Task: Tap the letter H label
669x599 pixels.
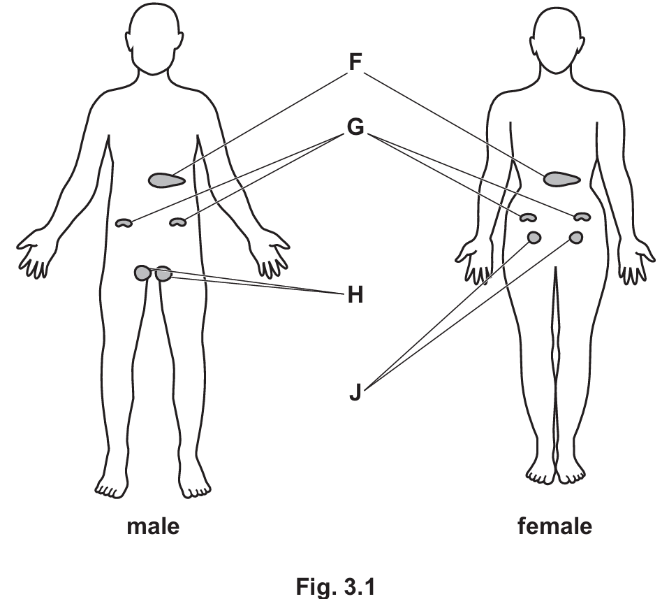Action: [x=355, y=296]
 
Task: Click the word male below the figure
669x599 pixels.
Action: [x=152, y=526]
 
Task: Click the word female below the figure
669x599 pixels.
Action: [x=554, y=526]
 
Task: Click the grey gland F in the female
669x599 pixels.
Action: [x=561, y=179]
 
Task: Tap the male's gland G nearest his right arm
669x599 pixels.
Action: [x=124, y=223]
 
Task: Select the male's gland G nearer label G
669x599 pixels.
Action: [x=178, y=222]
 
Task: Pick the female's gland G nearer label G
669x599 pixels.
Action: [x=527, y=218]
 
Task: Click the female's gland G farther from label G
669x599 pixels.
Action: [x=582, y=217]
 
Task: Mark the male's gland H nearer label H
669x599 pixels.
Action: [x=164, y=273]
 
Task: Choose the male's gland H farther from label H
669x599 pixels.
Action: [x=143, y=273]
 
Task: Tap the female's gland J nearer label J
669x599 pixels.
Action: [x=534, y=237]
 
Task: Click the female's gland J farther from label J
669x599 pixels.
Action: [x=576, y=238]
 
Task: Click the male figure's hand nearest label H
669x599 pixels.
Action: [x=271, y=255]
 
